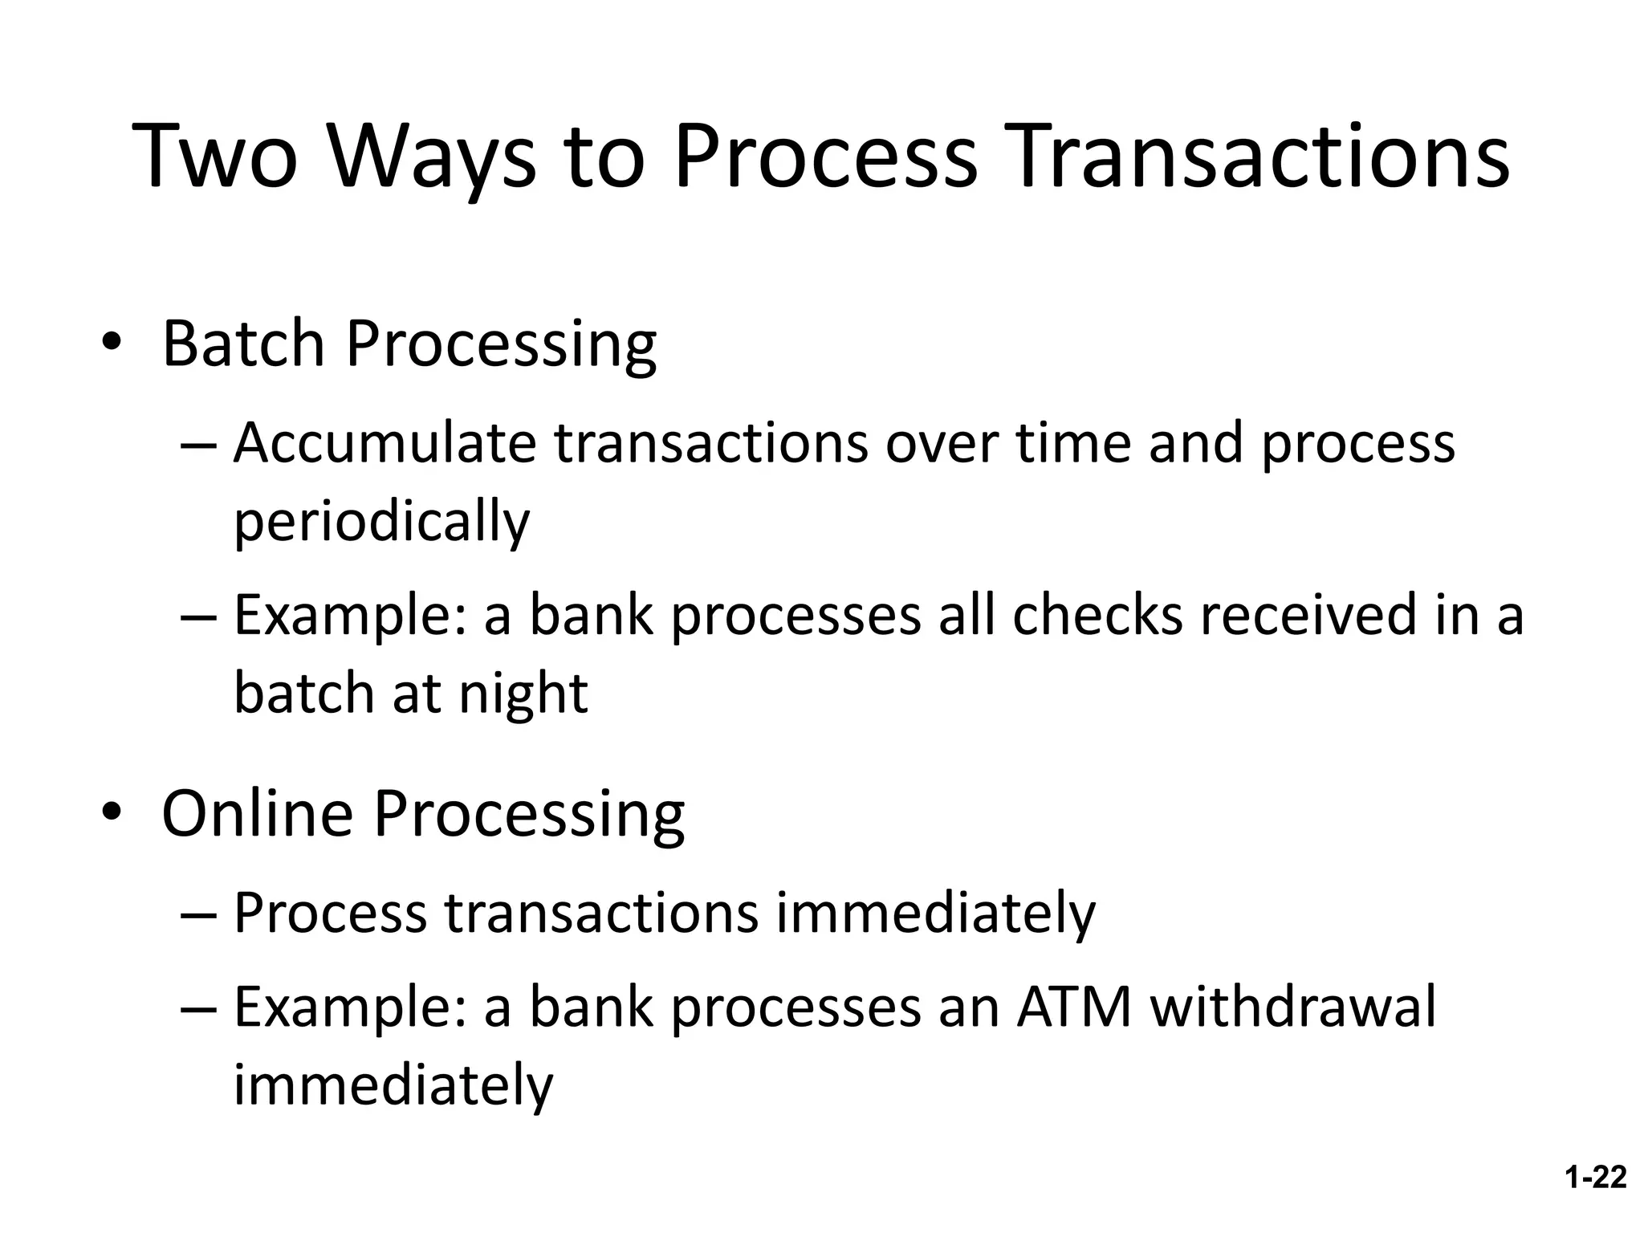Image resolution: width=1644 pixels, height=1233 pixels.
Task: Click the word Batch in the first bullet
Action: coord(243,344)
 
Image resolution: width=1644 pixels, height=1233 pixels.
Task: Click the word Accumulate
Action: coord(385,443)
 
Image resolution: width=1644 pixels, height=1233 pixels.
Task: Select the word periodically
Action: coord(381,522)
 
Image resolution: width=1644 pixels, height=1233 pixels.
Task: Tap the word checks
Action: coord(1097,615)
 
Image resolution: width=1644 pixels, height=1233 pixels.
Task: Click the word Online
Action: coord(257,814)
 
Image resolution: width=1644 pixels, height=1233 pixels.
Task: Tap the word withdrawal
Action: coord(1292,1007)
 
